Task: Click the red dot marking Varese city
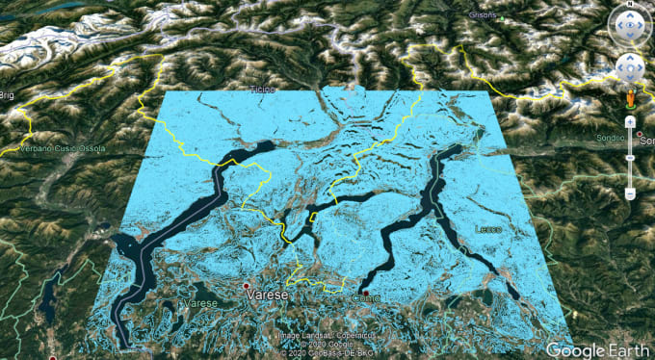247,287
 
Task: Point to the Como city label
368,300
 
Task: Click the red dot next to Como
366,292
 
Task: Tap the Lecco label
487,229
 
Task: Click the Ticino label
263,90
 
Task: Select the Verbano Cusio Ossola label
54,148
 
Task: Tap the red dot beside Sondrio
639,133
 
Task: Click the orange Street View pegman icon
629,98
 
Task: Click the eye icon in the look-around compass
629,29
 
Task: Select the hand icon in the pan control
629,67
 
